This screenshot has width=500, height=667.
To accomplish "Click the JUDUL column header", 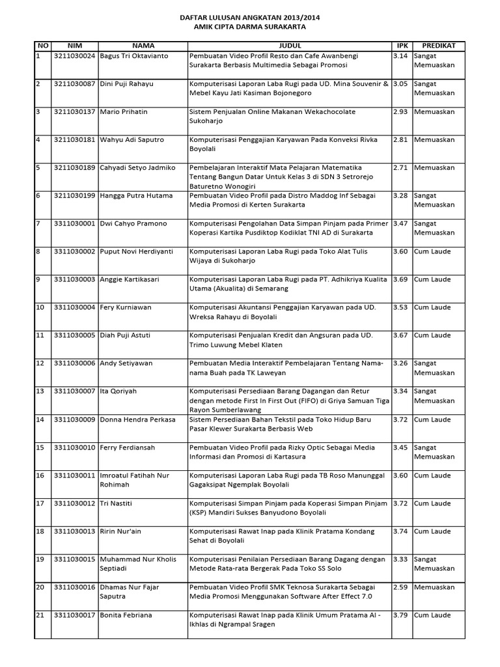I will [x=290, y=46].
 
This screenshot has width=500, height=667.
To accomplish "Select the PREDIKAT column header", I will [x=439, y=46].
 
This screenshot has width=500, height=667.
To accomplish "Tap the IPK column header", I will [x=400, y=46].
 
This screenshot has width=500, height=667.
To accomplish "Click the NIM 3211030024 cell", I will [x=74, y=56].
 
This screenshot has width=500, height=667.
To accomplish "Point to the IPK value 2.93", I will [x=400, y=112].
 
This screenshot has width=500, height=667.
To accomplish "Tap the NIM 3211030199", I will [x=74, y=196].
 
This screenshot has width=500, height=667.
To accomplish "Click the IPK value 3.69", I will [x=400, y=279].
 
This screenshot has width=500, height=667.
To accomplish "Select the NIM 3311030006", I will [x=74, y=363].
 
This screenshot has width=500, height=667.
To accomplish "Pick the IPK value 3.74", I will [x=400, y=532].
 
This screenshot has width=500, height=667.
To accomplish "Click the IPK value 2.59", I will [x=400, y=588].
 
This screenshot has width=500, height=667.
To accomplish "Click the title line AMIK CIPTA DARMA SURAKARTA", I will [x=250, y=28].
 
